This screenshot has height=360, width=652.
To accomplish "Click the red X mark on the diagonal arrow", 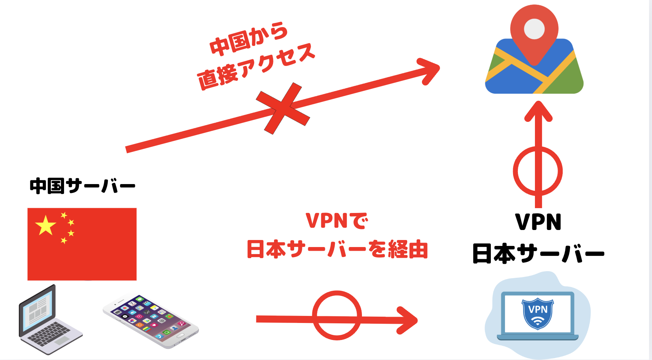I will (283, 108).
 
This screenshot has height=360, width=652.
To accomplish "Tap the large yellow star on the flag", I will (45, 225).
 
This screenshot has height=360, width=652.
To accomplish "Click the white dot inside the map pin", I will (534, 28).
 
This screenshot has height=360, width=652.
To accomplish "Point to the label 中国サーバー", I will (82, 186).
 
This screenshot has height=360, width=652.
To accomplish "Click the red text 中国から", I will (249, 39).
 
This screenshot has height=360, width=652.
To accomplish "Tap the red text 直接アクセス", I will (256, 67).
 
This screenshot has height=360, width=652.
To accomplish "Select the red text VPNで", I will (337, 221).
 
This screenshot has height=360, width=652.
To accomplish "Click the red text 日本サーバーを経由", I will (337, 249).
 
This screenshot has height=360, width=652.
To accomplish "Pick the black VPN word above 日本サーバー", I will (538, 222).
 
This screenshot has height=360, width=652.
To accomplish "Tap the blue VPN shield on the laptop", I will (538, 313).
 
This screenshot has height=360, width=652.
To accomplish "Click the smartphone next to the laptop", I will (151, 321).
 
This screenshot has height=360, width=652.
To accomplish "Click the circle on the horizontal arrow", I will (337, 315).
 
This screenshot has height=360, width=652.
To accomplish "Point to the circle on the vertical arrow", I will (538, 171).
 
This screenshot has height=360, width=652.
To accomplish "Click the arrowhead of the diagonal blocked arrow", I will (430, 70).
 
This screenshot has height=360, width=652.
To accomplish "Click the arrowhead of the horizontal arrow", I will (408, 320).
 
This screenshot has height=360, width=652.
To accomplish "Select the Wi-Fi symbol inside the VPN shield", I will (538, 322).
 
